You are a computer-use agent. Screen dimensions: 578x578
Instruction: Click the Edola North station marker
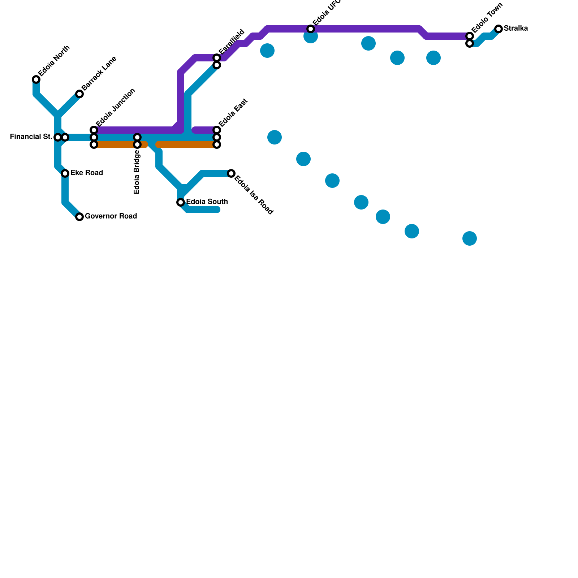(36, 79)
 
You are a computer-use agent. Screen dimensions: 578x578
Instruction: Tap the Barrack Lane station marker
(79, 94)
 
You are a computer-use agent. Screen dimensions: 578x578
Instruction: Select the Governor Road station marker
(79, 217)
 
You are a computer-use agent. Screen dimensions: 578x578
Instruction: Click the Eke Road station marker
(65, 173)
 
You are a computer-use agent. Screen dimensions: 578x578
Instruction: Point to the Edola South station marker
(181, 202)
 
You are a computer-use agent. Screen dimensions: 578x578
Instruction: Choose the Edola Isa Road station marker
(231, 173)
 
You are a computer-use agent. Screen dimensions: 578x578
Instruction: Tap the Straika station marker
(499, 29)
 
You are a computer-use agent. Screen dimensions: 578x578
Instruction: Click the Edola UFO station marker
(311, 29)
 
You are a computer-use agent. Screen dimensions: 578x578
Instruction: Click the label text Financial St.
(31, 137)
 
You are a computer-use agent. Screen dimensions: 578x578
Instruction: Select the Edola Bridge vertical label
(137, 172)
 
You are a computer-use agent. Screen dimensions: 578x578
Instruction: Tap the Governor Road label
(111, 216)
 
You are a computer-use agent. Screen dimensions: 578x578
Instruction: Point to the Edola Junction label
(116, 107)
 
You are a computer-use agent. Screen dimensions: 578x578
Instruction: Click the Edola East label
(233, 113)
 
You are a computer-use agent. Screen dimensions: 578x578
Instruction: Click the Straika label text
(516, 29)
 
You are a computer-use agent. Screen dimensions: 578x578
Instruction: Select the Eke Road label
(87, 173)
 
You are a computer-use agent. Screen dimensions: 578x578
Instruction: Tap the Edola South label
(207, 202)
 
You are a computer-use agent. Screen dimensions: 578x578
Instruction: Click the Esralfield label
(232, 42)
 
